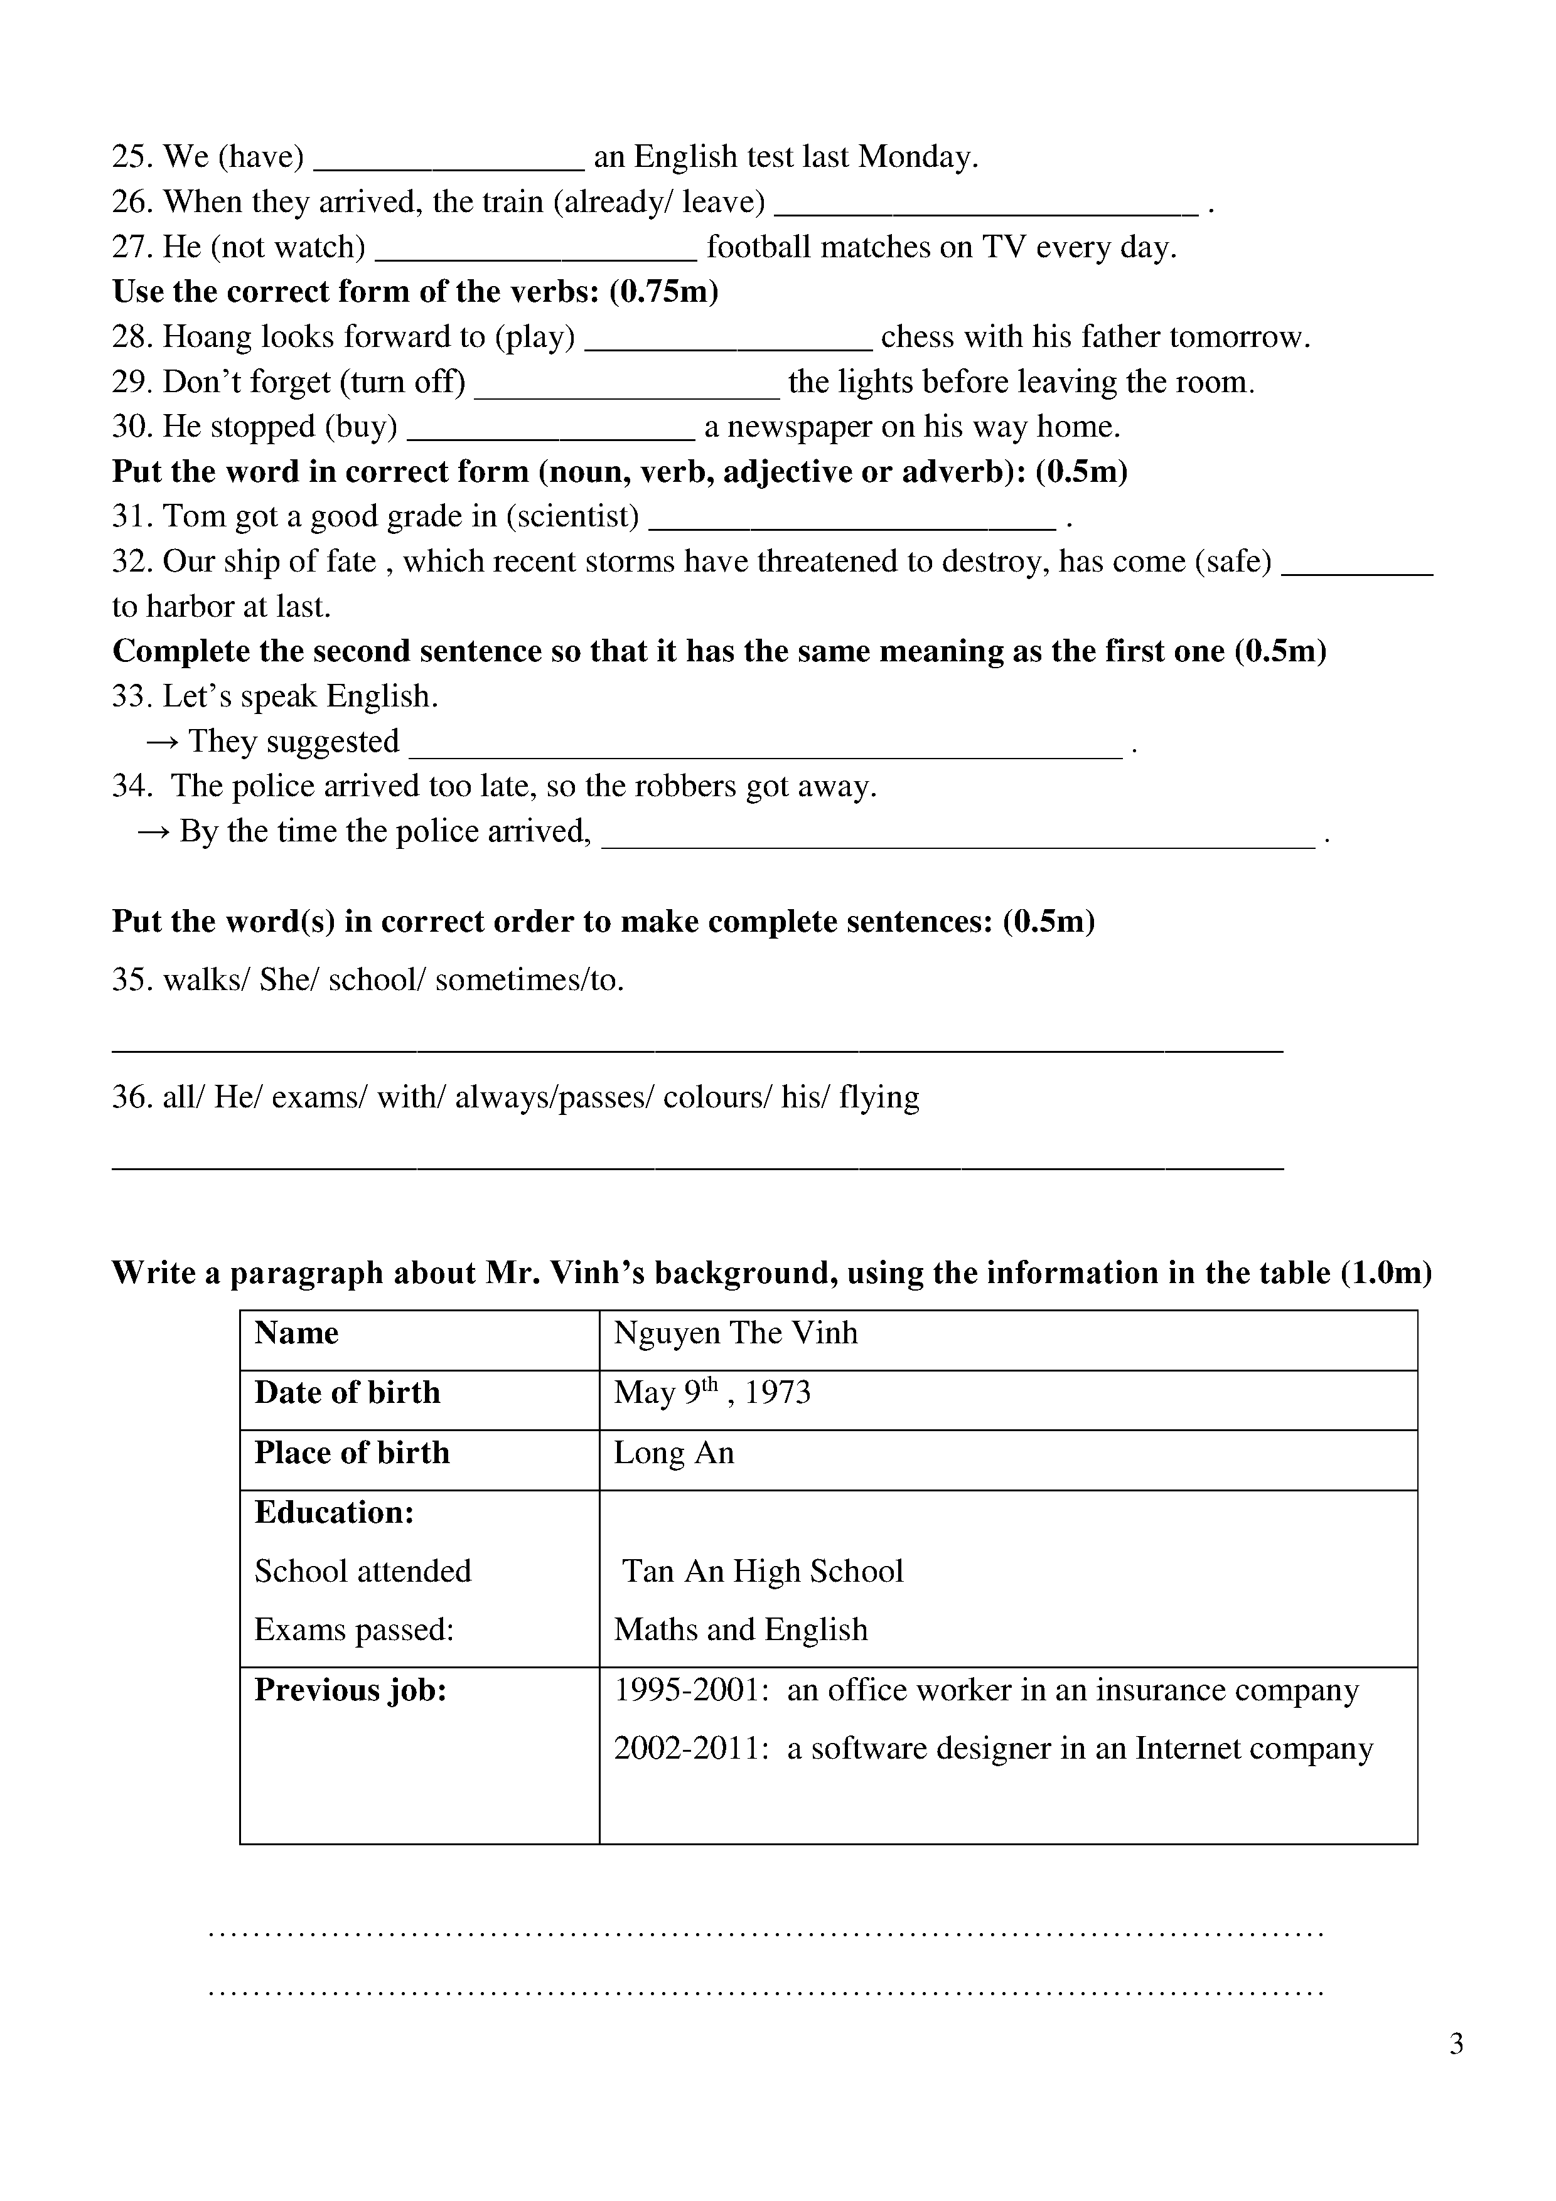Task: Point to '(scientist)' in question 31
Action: tap(572, 517)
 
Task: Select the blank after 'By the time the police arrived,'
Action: tap(958, 844)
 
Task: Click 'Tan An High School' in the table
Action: tap(763, 1571)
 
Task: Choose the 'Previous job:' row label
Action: tap(351, 1690)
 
